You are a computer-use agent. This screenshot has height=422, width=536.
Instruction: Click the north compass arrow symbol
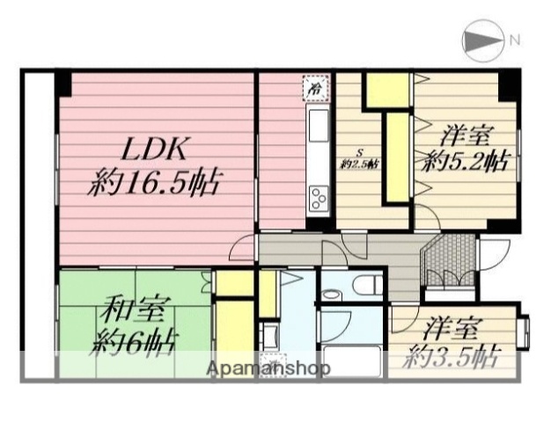[x=481, y=40]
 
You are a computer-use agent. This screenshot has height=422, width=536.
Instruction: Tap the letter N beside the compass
[x=513, y=40]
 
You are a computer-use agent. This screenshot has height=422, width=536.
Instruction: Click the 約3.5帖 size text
[x=454, y=357]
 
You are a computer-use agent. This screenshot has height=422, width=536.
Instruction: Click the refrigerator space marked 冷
[x=314, y=87]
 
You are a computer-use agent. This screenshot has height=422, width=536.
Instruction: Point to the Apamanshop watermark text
[x=268, y=369]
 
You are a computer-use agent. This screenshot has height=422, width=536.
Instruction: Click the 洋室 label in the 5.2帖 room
[x=466, y=136]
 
